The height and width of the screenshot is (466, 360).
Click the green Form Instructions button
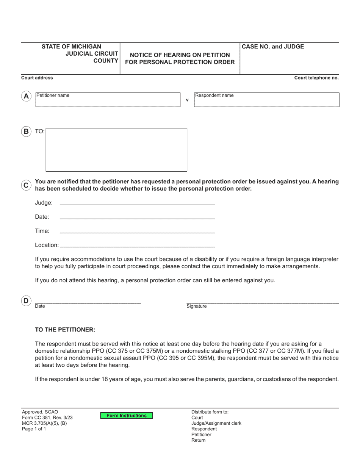(126, 416)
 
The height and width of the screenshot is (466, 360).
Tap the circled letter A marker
(26, 96)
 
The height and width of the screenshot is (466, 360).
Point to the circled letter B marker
(26, 131)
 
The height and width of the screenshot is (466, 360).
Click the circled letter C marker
(26, 185)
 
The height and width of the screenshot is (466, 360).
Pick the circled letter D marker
(26, 301)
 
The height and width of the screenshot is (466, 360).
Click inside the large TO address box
(116, 150)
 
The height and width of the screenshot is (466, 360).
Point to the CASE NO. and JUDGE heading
(273, 47)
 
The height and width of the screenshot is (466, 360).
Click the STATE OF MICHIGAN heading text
(71, 47)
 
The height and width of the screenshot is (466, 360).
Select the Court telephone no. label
(316, 78)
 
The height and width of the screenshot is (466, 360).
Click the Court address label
(37, 78)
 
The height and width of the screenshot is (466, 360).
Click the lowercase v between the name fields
(187, 100)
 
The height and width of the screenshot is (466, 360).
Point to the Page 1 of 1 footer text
(34, 429)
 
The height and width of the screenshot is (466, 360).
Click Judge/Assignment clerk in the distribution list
(216, 423)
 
